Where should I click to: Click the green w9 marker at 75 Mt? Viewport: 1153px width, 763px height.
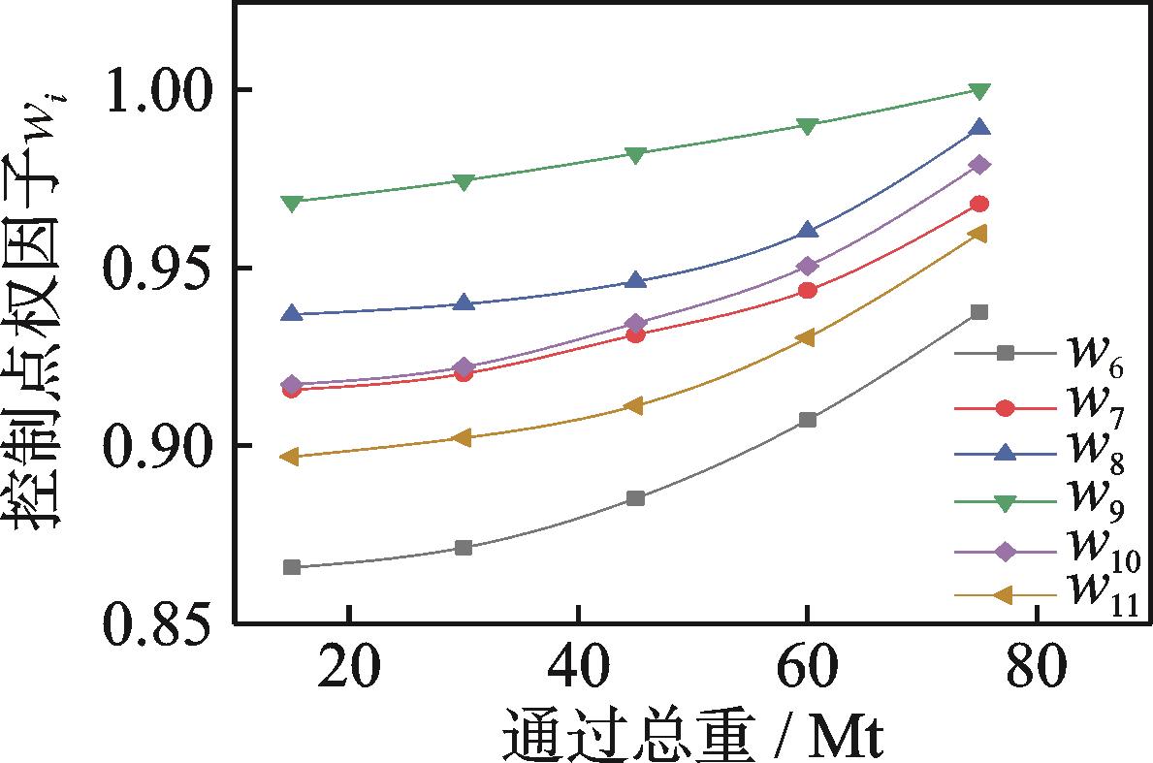979,91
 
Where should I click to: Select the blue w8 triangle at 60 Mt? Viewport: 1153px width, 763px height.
808,231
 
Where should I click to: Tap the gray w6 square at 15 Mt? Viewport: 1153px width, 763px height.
292,567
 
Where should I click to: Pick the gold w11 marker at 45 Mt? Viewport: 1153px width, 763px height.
635,405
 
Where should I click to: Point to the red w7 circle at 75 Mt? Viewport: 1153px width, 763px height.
979,204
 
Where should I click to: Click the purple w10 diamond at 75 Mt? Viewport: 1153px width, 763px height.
979,165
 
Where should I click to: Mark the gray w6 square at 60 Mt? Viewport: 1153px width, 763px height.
808,420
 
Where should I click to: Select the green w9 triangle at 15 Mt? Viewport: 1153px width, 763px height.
292,203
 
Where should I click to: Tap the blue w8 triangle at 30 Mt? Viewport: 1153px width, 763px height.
464,303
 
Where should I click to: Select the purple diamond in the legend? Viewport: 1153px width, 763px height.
1006,552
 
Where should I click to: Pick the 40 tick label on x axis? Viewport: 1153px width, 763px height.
578,669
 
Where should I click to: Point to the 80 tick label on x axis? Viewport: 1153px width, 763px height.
1037,669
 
